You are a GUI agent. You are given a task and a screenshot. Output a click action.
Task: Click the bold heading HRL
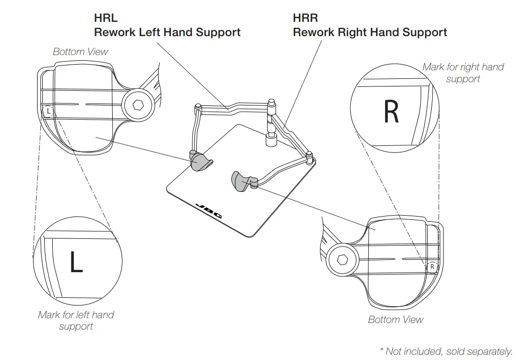pos(106,19)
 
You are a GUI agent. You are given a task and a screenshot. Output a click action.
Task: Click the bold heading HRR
pos(306,19)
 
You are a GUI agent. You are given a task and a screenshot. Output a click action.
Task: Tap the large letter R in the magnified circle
pos(391,112)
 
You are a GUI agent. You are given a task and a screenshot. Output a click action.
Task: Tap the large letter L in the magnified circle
pos(76,262)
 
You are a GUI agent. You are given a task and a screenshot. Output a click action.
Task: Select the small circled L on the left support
pos(48,112)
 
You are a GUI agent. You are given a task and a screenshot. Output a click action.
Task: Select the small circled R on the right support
pos(432,267)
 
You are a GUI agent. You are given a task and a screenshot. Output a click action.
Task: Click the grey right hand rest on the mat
pos(241,181)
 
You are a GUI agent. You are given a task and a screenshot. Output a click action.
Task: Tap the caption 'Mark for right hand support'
pos(463,73)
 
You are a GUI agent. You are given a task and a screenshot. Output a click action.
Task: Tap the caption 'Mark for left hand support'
pos(76,320)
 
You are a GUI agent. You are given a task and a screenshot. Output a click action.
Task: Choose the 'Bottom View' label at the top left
pos(80,52)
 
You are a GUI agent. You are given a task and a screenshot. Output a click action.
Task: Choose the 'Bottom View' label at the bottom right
pos(395,320)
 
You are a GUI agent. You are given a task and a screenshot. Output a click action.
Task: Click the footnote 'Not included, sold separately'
pos(446,351)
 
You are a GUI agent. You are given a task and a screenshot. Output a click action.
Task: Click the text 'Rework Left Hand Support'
pos(167,32)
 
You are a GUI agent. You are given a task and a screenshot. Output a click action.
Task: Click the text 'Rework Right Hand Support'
pos(370,32)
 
